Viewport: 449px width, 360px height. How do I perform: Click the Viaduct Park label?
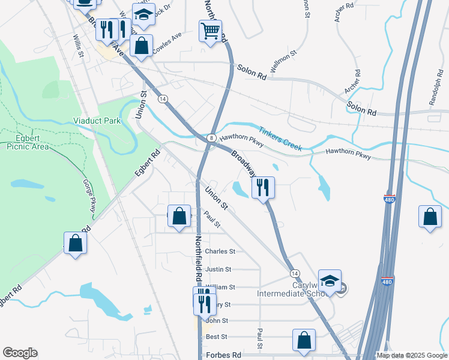click(x=97, y=121)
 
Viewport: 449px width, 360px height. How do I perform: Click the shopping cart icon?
click(x=210, y=30)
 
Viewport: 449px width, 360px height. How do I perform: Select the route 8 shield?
click(x=212, y=138)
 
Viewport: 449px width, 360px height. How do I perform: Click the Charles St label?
click(x=220, y=251)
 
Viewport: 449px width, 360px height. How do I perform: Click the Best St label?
click(x=217, y=338)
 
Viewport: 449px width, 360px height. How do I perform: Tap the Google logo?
click(x=20, y=353)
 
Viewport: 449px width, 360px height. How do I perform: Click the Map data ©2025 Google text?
click(x=412, y=355)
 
